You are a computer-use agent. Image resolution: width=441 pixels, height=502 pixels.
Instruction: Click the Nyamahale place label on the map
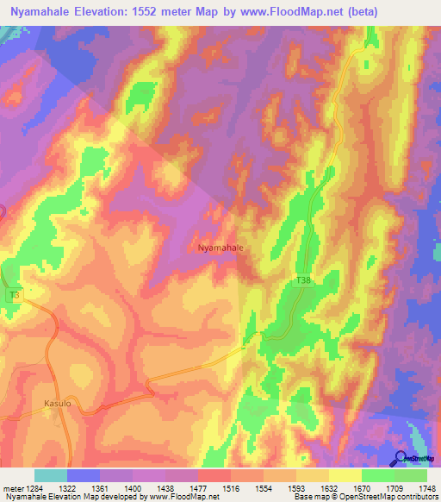220,248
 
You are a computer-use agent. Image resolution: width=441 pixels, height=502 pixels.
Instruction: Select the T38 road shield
302,281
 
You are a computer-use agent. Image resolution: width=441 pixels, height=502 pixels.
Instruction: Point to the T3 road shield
13,295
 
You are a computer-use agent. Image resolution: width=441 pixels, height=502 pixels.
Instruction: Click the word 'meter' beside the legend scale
15,488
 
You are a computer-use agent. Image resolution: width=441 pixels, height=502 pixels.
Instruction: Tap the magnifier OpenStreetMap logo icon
401,459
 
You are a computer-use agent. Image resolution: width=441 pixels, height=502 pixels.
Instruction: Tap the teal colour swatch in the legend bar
51,475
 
